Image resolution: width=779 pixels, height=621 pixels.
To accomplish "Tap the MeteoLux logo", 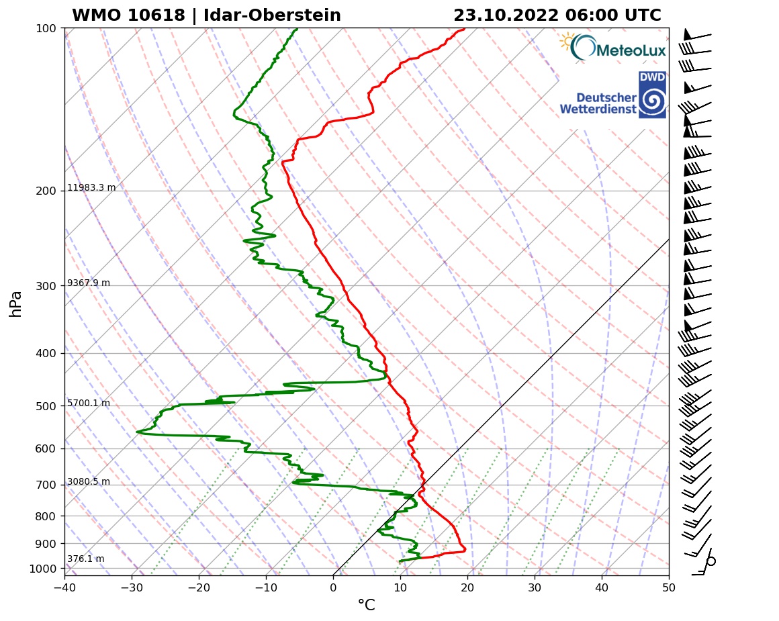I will pyautogui.click(x=613, y=48).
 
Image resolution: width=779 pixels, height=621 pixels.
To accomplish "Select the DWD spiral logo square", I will pyautogui.click(x=652, y=95).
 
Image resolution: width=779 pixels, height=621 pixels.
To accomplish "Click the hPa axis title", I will pyautogui.click(x=16, y=303).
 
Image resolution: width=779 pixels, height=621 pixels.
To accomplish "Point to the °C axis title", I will pyautogui.click(x=366, y=606).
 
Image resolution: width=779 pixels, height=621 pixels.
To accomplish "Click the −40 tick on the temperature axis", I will pyautogui.click(x=64, y=587).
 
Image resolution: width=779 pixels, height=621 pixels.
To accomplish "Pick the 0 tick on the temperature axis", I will pyautogui.click(x=333, y=587).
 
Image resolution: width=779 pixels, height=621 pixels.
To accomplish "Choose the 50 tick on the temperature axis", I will pyautogui.click(x=669, y=587).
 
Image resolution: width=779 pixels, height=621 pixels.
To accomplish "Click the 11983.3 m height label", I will pyautogui.click(x=91, y=188).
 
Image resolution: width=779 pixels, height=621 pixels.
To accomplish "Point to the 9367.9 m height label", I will pyautogui.click(x=89, y=283).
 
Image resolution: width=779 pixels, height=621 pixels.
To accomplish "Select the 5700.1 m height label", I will pyautogui.click(x=89, y=403).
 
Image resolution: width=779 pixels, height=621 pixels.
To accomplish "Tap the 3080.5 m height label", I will pyautogui.click(x=89, y=482).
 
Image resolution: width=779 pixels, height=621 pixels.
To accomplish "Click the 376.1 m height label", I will pyautogui.click(x=85, y=559).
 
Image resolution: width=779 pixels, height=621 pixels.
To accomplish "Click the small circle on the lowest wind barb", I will pyautogui.click(x=711, y=561).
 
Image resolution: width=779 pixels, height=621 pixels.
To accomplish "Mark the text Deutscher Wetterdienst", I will pyautogui.click(x=598, y=103).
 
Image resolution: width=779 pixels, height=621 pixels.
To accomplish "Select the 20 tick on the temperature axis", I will pyautogui.click(x=467, y=587).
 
